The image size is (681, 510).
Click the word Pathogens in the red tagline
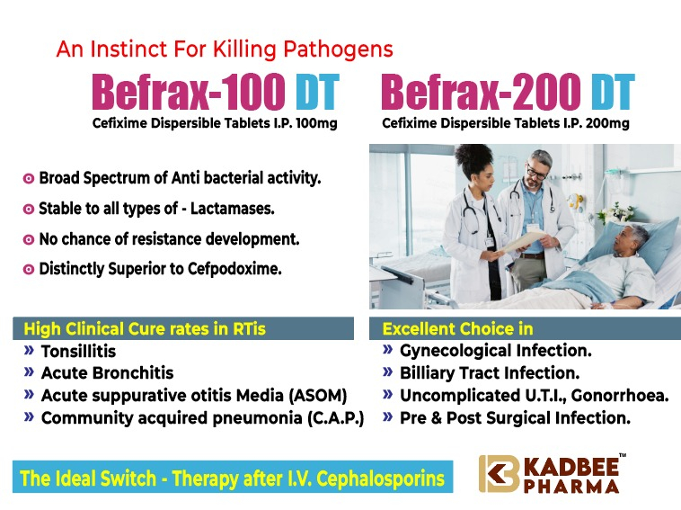click(x=338, y=50)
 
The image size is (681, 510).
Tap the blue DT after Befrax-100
click(x=317, y=92)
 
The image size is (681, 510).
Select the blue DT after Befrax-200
click(x=613, y=92)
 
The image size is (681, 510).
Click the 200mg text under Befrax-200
click(x=607, y=124)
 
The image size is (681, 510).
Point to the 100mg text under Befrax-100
click(x=316, y=124)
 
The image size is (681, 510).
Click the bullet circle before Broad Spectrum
click(x=28, y=179)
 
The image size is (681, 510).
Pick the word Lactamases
click(x=233, y=209)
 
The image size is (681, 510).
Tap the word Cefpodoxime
click(x=234, y=269)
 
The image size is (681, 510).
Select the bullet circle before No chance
click(x=28, y=239)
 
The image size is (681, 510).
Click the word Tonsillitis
click(x=78, y=352)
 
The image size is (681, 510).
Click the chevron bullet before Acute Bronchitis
click(x=29, y=371)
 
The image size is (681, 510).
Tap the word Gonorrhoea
click(x=620, y=396)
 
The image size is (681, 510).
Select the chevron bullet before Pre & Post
click(x=388, y=417)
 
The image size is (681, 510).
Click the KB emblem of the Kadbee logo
click(x=499, y=474)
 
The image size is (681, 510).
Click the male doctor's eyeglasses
click(x=536, y=172)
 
